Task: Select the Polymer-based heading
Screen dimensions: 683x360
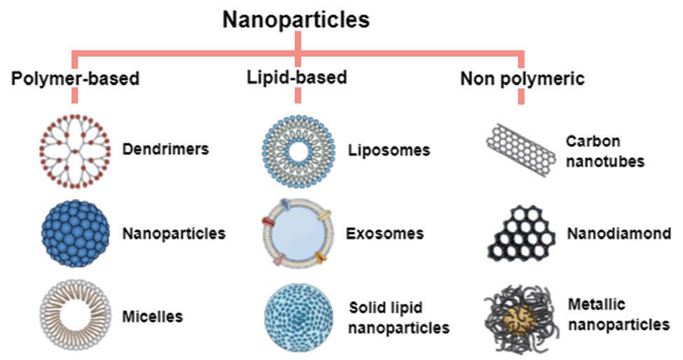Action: pyautogui.click(x=75, y=78)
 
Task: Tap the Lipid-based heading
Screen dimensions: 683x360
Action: pyautogui.click(x=296, y=76)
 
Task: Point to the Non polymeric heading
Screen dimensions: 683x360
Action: pyautogui.click(x=522, y=78)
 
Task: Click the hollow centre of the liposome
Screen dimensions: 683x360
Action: pyautogui.click(x=298, y=151)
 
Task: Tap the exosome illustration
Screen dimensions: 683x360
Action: pyautogui.click(x=297, y=233)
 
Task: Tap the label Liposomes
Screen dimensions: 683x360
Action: pyautogui.click(x=389, y=151)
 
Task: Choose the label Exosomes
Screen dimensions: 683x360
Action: pyautogui.click(x=387, y=233)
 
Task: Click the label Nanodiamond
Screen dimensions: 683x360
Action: pyautogui.click(x=619, y=234)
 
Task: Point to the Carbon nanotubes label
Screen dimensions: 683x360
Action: pyautogui.click(x=605, y=151)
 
